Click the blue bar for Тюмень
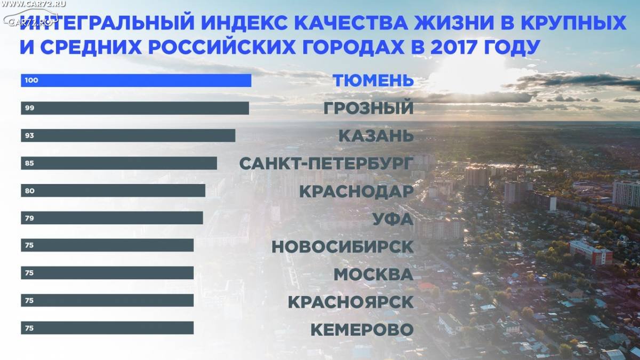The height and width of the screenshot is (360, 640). coord(136,81)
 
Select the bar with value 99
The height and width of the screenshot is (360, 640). coord(135,108)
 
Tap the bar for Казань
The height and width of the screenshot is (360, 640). coord(128,135)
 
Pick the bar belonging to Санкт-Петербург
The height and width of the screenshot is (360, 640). coord(119,163)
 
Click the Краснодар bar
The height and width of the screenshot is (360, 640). coord(113,190)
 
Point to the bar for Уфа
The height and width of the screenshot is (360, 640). coord(112,218)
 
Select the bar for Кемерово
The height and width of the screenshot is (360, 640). coord(107,328)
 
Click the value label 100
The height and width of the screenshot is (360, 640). coord(31,81)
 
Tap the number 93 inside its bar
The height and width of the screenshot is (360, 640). coord(29,135)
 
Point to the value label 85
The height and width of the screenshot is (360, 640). coord(29,163)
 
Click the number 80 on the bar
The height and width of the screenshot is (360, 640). coord(30,190)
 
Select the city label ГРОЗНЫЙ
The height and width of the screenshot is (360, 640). coord(369,107)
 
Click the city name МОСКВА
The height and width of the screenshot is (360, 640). coord(374,274)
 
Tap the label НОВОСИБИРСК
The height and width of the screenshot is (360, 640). coord(342,247)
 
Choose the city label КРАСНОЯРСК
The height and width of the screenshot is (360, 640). coord(351,302)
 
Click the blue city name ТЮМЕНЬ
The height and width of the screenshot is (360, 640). coord(373,81)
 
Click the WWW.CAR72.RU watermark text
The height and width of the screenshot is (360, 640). coord(33,4)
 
